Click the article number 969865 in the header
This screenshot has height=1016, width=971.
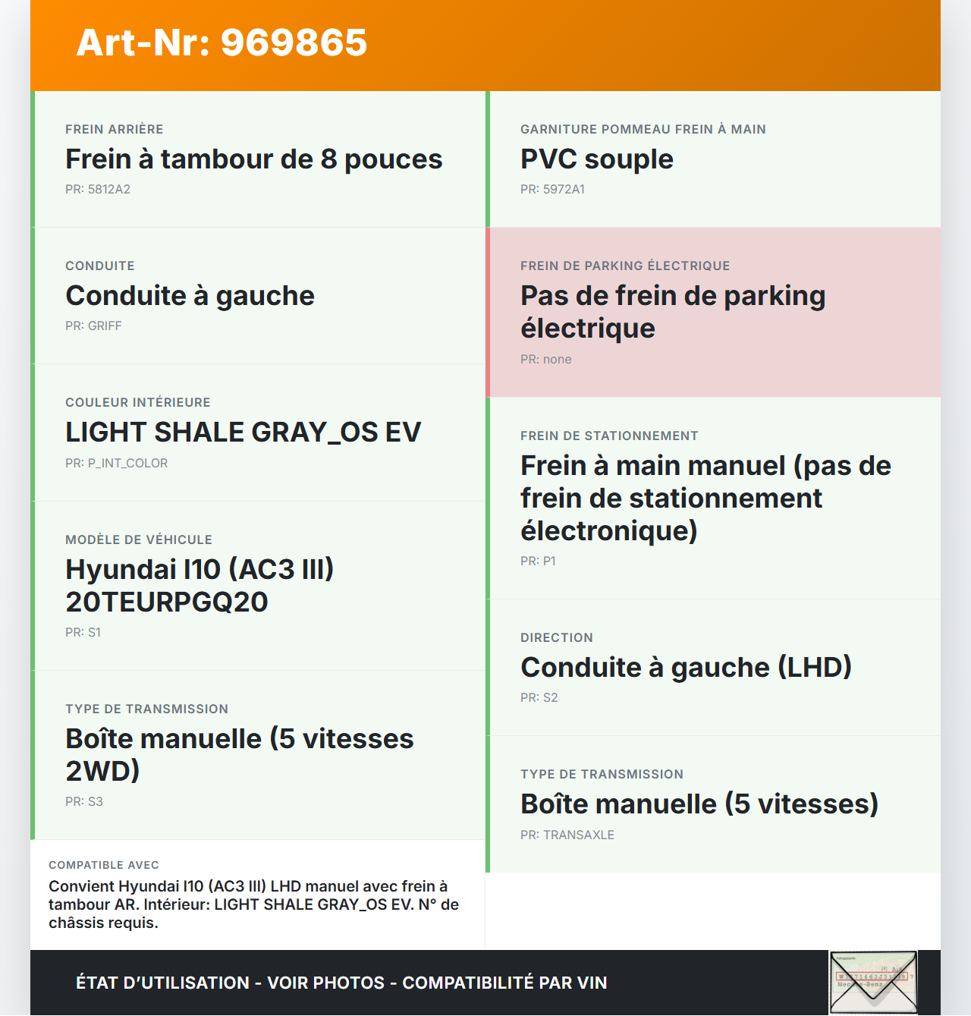click(294, 42)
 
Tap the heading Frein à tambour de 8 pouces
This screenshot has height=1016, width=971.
click(253, 159)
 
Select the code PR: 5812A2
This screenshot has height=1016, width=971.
click(98, 190)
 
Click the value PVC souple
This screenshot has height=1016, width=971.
click(596, 159)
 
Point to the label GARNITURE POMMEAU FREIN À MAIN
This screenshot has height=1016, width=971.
click(643, 130)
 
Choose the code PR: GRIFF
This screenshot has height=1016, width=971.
click(93, 326)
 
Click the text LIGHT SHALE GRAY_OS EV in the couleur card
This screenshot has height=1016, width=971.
click(243, 433)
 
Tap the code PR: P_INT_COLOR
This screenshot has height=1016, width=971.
click(116, 464)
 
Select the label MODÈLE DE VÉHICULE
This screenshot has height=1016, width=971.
click(139, 540)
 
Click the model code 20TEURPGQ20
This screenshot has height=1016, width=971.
click(167, 602)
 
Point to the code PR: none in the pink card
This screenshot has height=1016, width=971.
click(545, 360)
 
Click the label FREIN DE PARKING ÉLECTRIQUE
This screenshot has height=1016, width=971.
click(625, 266)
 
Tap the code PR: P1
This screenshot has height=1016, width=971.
click(538, 561)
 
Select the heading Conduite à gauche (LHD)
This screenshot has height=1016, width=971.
click(686, 668)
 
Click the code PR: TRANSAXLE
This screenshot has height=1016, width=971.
click(567, 835)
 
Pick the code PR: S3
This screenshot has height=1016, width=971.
click(83, 802)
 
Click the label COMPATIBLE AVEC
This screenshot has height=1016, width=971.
click(104, 865)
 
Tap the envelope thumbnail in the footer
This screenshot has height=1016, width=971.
click(873, 982)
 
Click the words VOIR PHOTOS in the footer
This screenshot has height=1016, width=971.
click(326, 983)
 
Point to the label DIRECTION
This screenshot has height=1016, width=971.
click(557, 638)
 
